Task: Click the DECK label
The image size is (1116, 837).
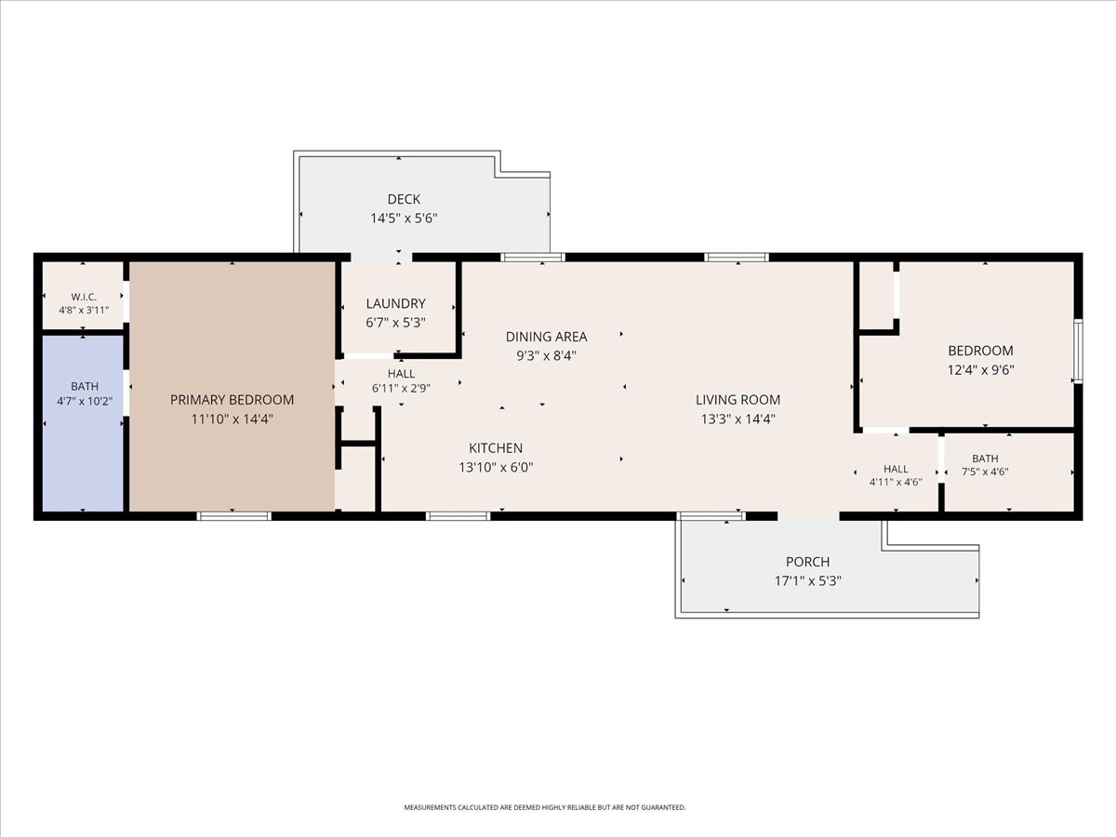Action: click(x=404, y=199)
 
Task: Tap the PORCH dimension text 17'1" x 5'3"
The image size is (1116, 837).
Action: click(x=807, y=581)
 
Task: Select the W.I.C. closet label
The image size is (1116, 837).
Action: click(x=84, y=297)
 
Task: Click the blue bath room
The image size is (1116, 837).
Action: click(x=83, y=423)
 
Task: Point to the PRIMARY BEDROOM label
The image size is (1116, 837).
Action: click(x=232, y=400)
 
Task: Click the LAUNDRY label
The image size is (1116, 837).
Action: click(x=395, y=303)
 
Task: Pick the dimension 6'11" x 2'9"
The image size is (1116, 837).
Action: click(x=401, y=389)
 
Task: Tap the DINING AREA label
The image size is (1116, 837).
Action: click(x=546, y=337)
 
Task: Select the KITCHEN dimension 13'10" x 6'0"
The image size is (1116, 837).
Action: click(x=496, y=467)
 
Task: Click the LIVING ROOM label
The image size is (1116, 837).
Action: click(x=737, y=400)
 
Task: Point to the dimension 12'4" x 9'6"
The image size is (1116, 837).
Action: click(x=980, y=370)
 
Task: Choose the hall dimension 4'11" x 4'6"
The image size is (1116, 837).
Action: click(x=896, y=483)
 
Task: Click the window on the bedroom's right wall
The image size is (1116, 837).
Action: click(x=1078, y=352)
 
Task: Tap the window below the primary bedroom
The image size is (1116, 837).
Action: click(x=233, y=516)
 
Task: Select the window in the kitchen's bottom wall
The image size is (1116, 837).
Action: click(x=458, y=516)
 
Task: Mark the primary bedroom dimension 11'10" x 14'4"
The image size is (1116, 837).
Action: click(x=232, y=419)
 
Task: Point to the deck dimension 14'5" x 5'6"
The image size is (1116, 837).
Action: click(x=404, y=219)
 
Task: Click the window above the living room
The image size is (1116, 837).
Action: click(x=737, y=258)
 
